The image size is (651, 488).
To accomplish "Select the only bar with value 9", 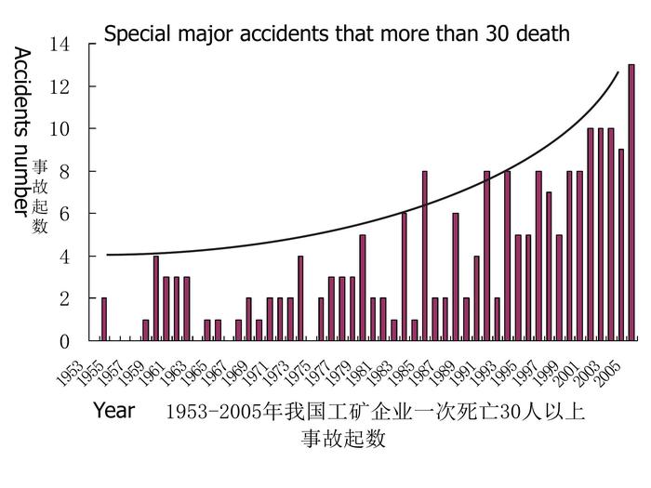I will [x=621, y=245].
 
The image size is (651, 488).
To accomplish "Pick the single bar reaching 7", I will [x=549, y=267].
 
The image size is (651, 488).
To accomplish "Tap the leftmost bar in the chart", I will [x=104, y=320].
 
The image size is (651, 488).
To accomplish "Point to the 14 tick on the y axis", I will [x=60, y=44].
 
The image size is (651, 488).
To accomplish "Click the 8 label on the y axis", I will [x=64, y=171].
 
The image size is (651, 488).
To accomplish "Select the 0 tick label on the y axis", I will [x=64, y=341].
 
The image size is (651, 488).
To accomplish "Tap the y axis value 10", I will [x=60, y=128].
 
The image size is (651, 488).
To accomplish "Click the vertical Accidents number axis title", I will [x=22, y=130].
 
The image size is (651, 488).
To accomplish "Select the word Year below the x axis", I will [x=113, y=411].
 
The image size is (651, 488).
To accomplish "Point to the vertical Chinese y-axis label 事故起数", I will [x=40, y=196].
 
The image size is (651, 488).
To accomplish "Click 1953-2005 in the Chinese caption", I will [x=206, y=412].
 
